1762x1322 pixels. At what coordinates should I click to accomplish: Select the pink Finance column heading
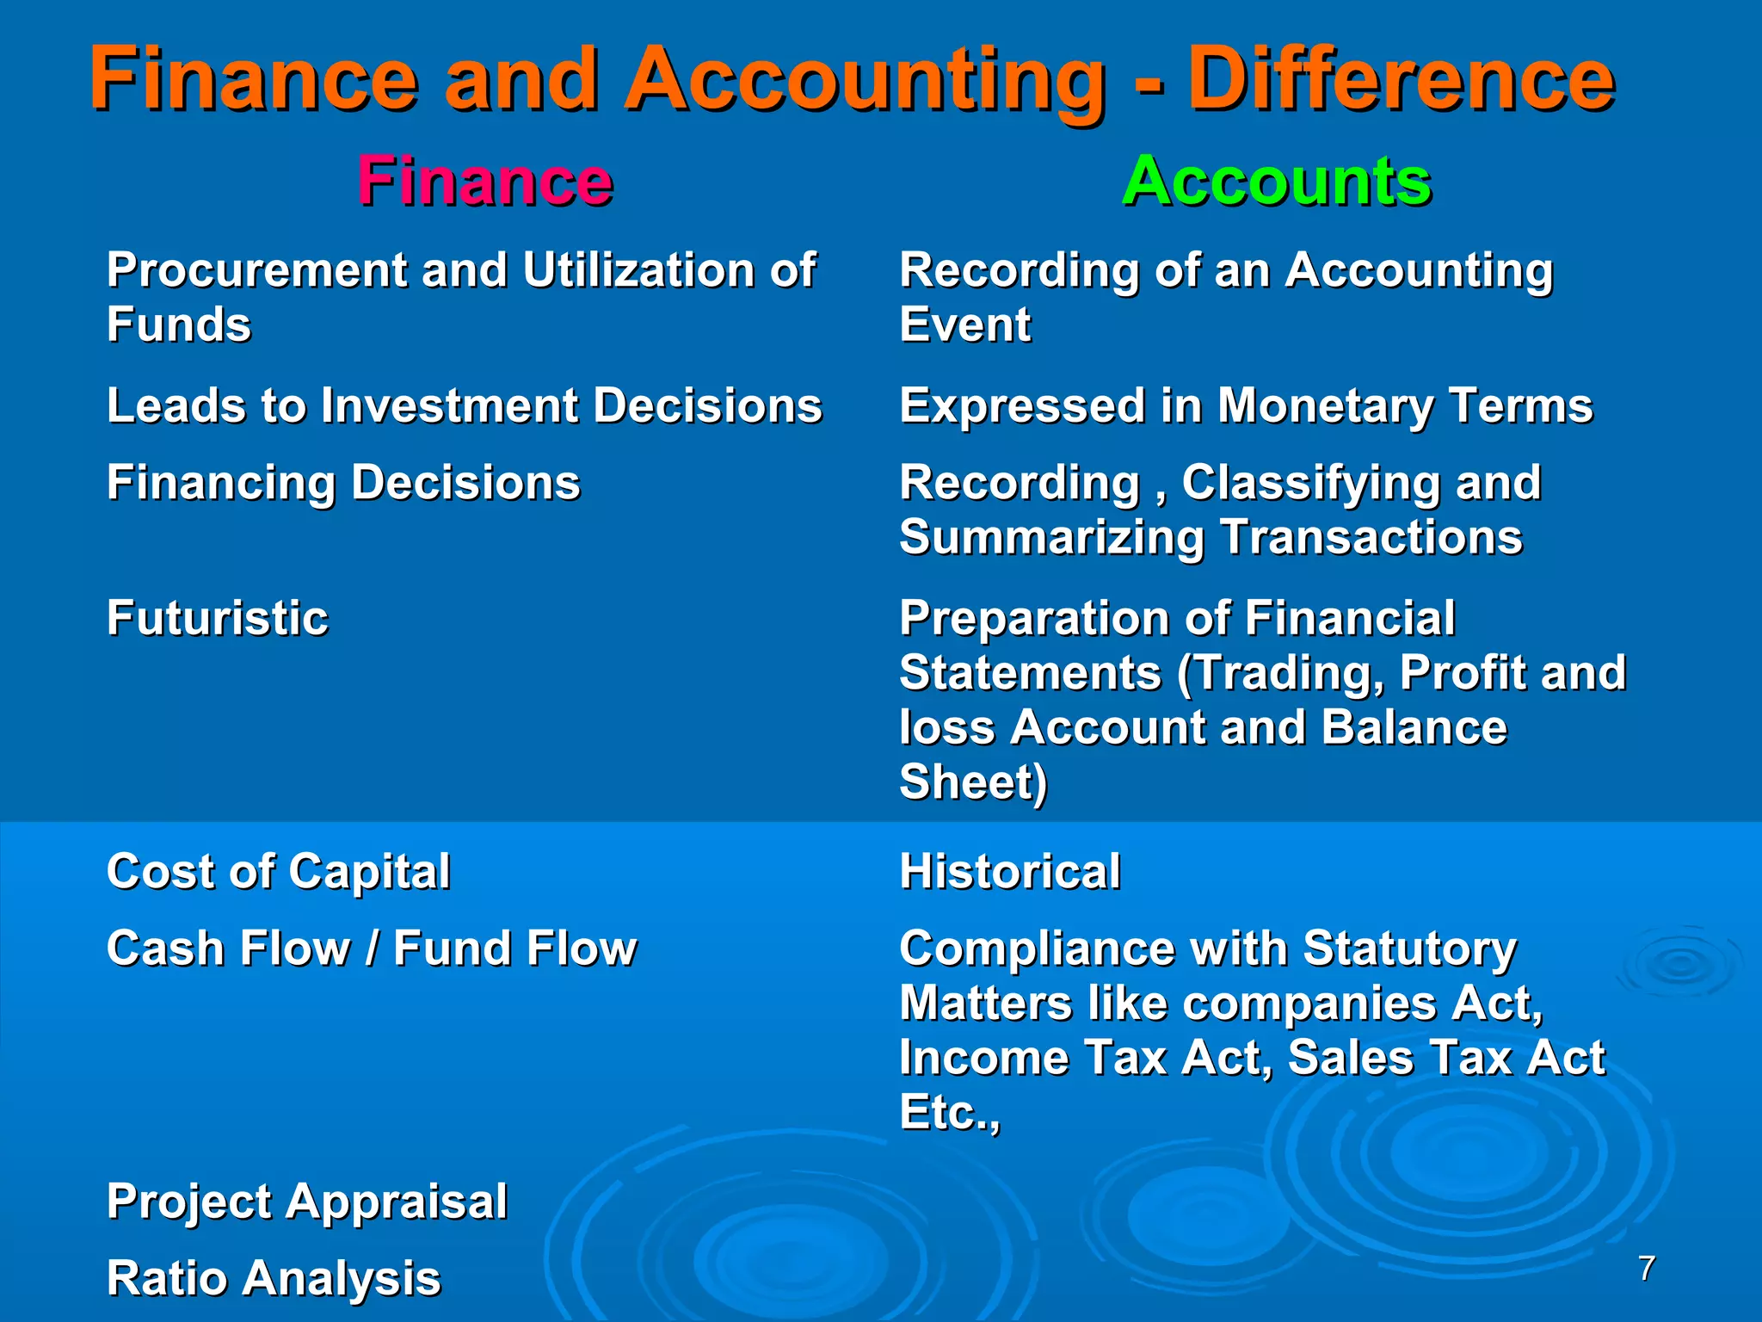tap(485, 182)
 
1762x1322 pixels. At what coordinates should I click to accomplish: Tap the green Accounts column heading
tap(1277, 182)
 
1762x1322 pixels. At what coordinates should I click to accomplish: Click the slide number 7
tap(1647, 1268)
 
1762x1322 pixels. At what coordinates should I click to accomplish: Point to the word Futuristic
tap(218, 618)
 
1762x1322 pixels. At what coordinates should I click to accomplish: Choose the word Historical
tap(1010, 871)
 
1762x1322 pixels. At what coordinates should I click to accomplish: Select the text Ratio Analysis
tap(274, 1278)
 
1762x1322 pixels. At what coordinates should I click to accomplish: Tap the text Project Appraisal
tap(307, 1202)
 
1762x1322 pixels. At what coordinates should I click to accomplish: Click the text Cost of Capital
tap(278, 871)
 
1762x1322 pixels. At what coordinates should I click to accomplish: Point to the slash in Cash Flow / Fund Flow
tap(373, 948)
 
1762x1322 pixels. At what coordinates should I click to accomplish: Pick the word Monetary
tap(1325, 405)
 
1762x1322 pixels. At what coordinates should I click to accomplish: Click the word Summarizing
tap(1051, 538)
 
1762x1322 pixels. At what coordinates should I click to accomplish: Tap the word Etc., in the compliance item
tap(950, 1112)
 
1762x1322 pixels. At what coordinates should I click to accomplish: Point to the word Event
tap(964, 324)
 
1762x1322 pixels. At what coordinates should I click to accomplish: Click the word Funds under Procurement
tap(179, 324)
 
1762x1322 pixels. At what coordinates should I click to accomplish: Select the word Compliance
tap(1037, 948)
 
